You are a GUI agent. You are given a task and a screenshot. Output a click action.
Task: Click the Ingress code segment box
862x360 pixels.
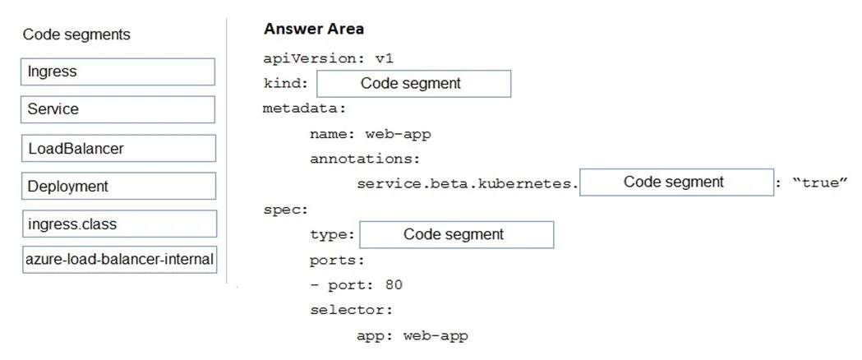[x=118, y=72]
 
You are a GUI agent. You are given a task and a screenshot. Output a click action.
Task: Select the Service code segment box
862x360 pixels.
[x=118, y=109]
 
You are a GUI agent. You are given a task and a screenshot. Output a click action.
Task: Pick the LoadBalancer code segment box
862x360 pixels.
[x=118, y=149]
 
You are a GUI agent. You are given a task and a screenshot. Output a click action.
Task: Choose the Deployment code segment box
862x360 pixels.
[x=119, y=186]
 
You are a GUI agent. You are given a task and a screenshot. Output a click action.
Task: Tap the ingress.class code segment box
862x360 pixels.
[x=119, y=224]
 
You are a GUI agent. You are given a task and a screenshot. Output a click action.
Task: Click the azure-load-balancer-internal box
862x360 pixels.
[x=120, y=260]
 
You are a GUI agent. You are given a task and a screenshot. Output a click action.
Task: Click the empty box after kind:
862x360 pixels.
[x=413, y=84]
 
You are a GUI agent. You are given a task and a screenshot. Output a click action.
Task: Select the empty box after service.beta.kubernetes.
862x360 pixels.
[x=677, y=182]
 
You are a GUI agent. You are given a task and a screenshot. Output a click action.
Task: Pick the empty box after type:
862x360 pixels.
[x=456, y=235]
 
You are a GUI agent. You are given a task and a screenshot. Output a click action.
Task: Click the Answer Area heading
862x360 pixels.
[x=313, y=29]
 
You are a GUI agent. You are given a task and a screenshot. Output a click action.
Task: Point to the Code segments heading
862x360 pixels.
[x=76, y=35]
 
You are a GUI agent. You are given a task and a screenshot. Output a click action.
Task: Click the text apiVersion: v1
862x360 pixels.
[x=329, y=59]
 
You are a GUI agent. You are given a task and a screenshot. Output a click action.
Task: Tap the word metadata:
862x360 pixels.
[x=305, y=108]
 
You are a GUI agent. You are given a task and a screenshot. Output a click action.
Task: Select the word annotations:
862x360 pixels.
[x=365, y=159]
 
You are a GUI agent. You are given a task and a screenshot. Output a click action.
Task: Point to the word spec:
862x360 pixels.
[x=286, y=210]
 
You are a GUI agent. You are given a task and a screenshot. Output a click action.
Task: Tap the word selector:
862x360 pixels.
[x=351, y=310]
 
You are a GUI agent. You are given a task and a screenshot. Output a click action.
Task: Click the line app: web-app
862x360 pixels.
[x=413, y=335]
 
